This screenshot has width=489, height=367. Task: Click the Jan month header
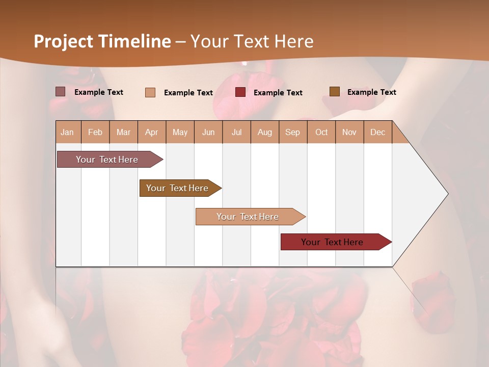point(67,133)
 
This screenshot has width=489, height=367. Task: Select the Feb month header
point(95,133)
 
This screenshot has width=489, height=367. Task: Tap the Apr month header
point(151,133)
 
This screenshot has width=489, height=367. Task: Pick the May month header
point(180,133)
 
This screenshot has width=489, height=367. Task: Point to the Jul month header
point(236,133)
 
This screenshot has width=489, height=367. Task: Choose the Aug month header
point(264,133)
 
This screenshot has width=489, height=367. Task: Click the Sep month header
point(292,133)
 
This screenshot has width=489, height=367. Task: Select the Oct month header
point(321,133)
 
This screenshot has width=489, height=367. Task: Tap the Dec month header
point(377,133)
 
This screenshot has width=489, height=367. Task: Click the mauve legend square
point(61,92)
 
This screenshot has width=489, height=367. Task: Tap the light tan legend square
point(150,92)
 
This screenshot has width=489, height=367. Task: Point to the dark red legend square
point(240,92)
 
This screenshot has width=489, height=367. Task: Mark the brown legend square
point(334,92)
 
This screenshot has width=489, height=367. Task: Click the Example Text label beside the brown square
point(371,92)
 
